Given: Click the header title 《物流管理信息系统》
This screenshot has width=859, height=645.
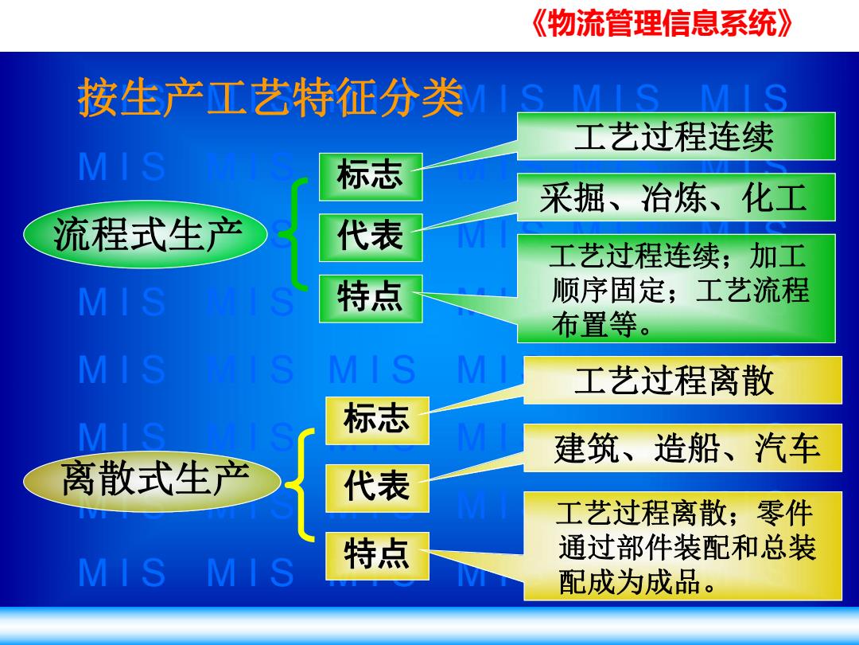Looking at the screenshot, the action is [661, 24].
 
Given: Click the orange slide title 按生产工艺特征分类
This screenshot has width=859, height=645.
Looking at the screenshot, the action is [270, 98].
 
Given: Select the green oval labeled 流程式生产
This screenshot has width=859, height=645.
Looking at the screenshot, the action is [146, 235].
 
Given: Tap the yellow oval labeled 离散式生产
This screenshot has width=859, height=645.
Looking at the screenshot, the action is [152, 479].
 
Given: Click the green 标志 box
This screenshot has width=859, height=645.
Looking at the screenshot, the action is [371, 177].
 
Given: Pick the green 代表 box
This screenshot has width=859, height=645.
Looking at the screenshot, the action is [371, 237].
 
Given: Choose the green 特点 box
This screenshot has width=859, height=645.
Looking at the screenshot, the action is [371, 299].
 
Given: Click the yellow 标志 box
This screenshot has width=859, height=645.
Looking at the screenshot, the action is [378, 420].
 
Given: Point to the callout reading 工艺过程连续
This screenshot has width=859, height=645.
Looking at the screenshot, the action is [676, 137].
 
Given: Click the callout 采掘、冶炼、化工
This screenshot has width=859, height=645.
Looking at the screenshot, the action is [676, 197].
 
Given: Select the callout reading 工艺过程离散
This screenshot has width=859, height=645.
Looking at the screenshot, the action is [682, 380].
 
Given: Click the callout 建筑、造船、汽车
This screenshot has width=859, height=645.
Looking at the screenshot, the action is [682, 448].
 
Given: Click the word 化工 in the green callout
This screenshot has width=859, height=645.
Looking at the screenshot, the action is [775, 198].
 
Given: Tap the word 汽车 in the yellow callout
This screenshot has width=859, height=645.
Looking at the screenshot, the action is [787, 448].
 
